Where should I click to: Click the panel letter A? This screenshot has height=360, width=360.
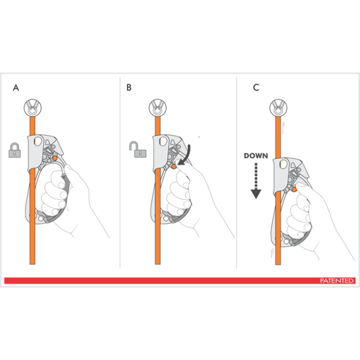(x=15, y=88)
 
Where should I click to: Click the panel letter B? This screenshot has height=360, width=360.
(x=130, y=88)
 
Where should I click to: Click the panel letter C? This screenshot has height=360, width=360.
(x=255, y=88)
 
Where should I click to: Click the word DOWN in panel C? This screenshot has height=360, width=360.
(x=257, y=156)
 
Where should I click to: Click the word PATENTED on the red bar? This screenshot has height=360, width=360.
(x=337, y=280)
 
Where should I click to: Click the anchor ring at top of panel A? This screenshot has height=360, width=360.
(x=31, y=107)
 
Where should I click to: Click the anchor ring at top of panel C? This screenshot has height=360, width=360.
(x=278, y=107)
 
